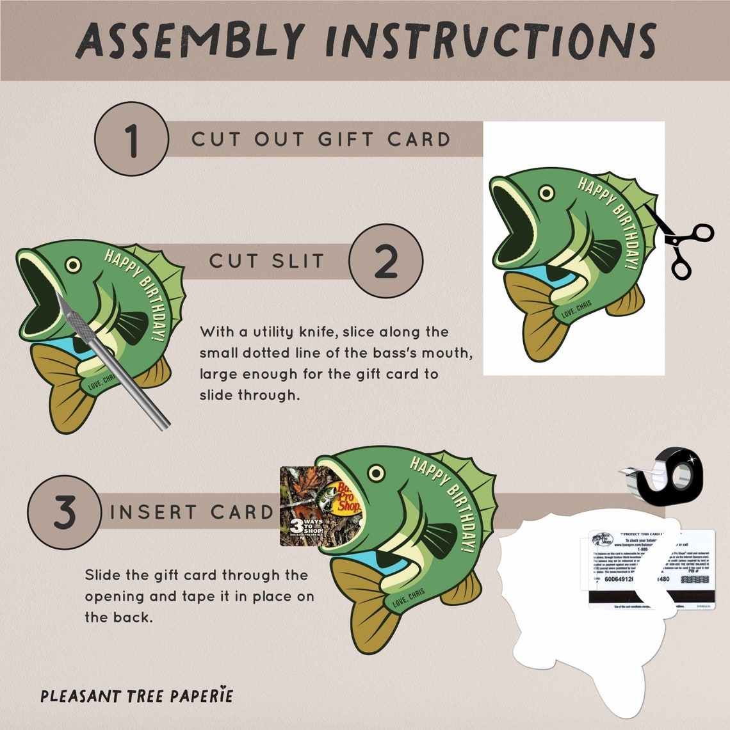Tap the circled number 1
pos(131,139)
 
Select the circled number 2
pos(385,261)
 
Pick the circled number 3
pos(64,512)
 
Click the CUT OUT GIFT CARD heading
pos(321,139)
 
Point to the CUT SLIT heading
pos(266,261)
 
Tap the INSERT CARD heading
pos(191,512)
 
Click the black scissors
pos(682,243)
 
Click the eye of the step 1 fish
pos(546,193)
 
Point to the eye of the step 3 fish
pos(377,474)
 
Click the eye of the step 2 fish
pos(73,264)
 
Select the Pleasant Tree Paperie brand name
pos(136,695)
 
